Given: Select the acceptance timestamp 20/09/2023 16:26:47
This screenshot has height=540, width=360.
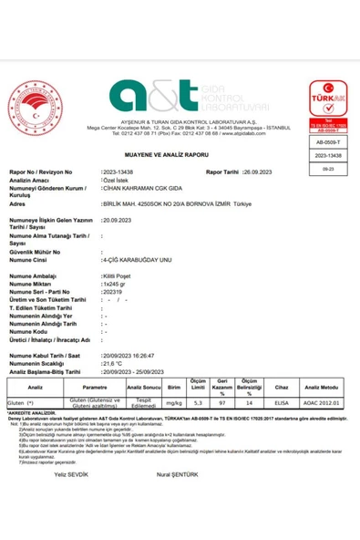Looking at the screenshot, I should coord(131,356).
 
